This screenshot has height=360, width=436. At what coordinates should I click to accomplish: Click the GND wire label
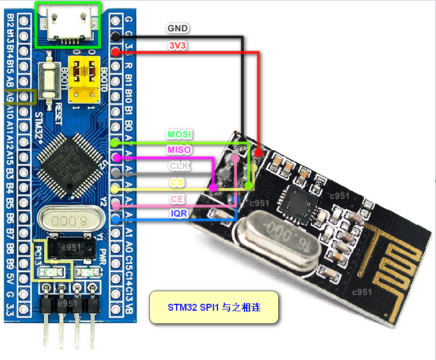click(177, 28)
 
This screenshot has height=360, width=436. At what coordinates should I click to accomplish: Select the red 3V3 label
click(177, 44)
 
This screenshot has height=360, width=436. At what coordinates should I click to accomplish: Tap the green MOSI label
click(180, 134)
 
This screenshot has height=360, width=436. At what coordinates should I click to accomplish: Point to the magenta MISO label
click(179, 150)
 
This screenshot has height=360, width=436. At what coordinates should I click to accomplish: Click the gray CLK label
click(179, 166)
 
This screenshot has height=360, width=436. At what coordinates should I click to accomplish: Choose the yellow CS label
click(177, 182)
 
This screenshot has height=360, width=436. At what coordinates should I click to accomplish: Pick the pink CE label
click(177, 198)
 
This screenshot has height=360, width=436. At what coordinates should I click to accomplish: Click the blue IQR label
click(178, 213)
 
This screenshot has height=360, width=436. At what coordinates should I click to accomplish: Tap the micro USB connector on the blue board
click(68, 25)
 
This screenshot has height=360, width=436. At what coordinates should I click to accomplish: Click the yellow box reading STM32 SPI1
click(214, 307)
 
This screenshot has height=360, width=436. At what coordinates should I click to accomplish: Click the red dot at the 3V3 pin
click(115, 52)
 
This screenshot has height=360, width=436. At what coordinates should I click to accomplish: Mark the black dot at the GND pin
click(115, 36)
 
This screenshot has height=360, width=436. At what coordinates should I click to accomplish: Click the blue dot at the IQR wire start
click(116, 219)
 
